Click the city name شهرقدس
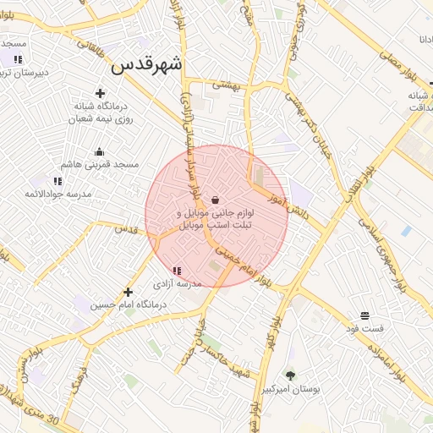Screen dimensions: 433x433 coord(147,64)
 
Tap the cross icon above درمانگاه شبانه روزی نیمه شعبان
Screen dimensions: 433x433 coord(101,93)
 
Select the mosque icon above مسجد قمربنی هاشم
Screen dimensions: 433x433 coord(100,152)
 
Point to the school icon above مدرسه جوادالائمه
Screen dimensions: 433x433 coord(58,181)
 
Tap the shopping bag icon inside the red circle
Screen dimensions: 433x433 coord(216,200)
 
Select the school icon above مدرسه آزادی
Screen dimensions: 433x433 coord(176,271)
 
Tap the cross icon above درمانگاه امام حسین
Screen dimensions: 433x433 coord(128,292)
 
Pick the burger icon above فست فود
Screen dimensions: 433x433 coord(363,314)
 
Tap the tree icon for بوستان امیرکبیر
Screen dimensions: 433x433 coord(291,375)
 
